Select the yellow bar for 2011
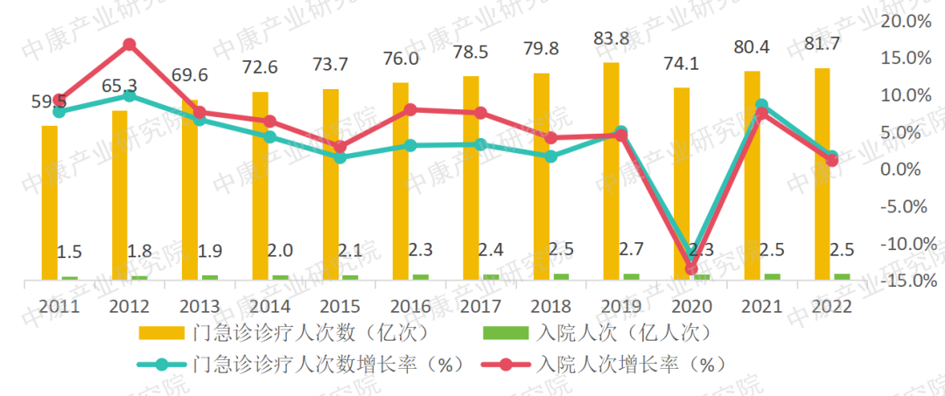click(49, 202)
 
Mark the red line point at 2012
click(129, 45)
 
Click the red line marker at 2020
click(691, 268)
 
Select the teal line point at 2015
click(339, 157)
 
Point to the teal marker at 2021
click(761, 105)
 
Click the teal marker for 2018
click(550, 156)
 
